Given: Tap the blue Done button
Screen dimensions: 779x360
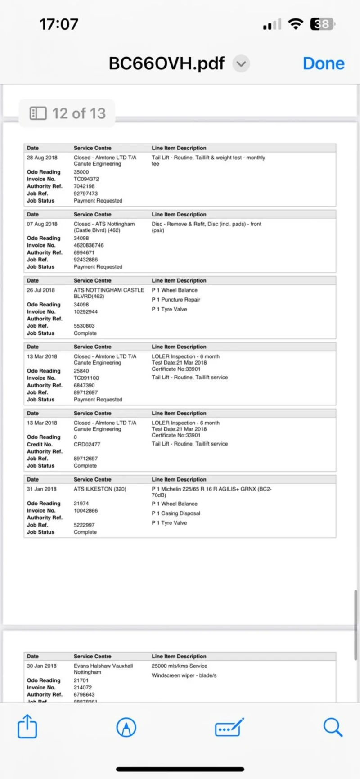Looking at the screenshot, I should [324, 63].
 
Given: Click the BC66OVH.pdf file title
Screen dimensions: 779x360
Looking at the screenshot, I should [166, 63].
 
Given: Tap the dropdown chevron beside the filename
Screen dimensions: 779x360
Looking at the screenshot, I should [241, 64].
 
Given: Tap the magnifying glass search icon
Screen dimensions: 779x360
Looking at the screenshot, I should [333, 727].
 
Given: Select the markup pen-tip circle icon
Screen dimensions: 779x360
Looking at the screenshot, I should [126, 727].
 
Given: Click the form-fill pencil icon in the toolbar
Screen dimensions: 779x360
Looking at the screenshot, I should [229, 727].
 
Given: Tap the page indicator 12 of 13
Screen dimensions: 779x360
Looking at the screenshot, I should [67, 113].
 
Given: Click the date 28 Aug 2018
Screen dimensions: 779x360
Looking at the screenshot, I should [42, 158].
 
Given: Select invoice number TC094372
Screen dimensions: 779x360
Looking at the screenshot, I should [86, 179].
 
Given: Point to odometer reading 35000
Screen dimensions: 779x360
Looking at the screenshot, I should [81, 172].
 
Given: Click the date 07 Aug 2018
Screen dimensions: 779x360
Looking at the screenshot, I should [42, 224].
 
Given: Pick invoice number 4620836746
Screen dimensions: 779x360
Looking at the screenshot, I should [89, 245].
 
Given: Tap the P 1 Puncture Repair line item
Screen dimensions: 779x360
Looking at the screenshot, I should [176, 300].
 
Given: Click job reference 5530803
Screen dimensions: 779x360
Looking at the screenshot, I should [85, 326].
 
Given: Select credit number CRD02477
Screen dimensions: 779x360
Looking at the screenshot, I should [87, 444].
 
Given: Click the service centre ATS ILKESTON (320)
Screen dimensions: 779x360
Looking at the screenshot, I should [100, 489].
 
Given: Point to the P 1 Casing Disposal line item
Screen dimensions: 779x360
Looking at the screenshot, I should [176, 513].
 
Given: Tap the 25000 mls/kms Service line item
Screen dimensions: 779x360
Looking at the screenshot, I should [180, 666].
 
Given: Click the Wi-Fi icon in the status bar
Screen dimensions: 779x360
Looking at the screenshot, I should [296, 24].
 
